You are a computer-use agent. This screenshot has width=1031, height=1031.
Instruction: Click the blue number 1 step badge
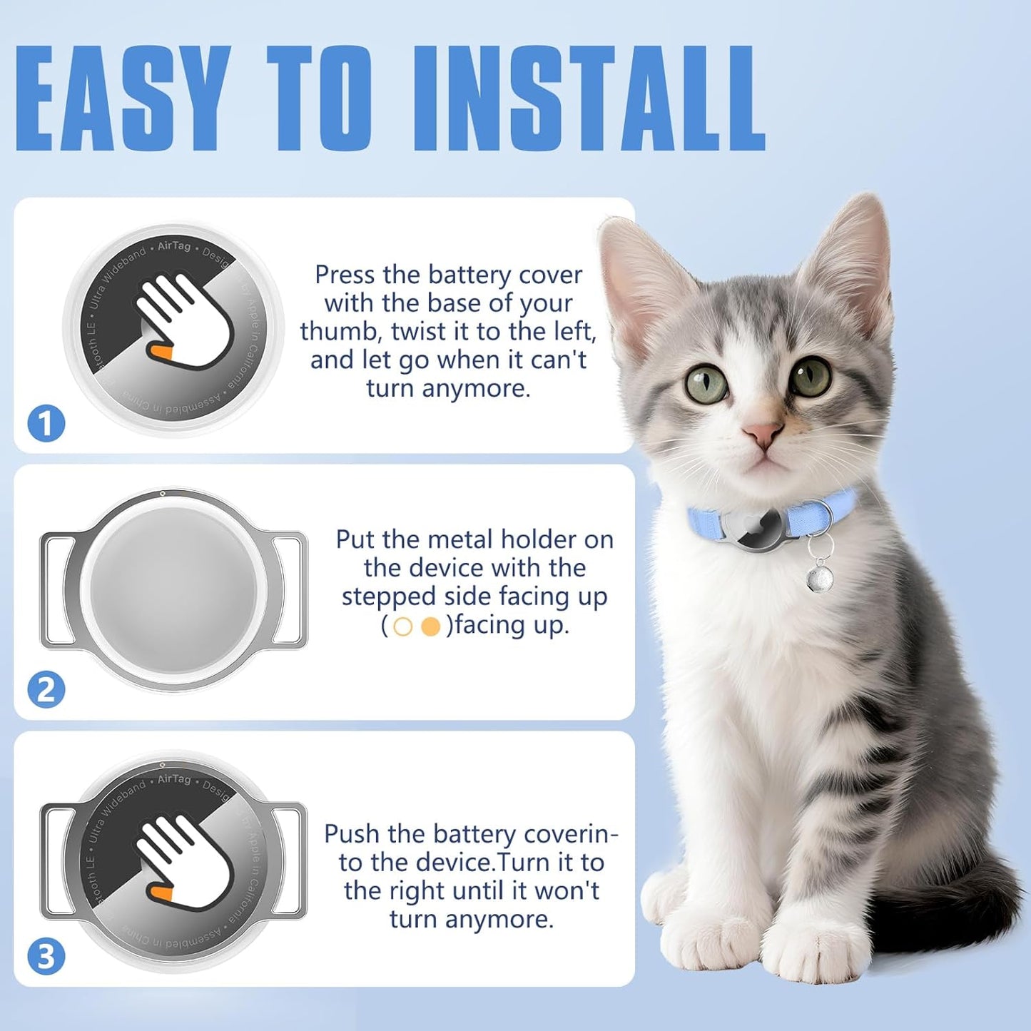(46, 423)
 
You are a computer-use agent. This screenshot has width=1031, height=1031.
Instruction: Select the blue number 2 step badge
(46, 690)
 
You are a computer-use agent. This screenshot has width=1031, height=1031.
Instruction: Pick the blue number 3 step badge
(46, 956)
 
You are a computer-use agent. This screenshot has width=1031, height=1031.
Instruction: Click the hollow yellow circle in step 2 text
(403, 626)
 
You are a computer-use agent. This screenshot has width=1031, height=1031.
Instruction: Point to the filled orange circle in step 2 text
(431, 626)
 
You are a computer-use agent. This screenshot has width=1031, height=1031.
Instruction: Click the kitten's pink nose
(762, 432)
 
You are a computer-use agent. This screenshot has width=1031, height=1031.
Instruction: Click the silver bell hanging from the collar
(820, 574)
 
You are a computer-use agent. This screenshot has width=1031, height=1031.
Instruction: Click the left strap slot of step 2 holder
(57, 591)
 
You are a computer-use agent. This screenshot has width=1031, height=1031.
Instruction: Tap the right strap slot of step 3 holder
(289, 860)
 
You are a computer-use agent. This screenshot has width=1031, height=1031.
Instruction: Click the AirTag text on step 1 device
(174, 246)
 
